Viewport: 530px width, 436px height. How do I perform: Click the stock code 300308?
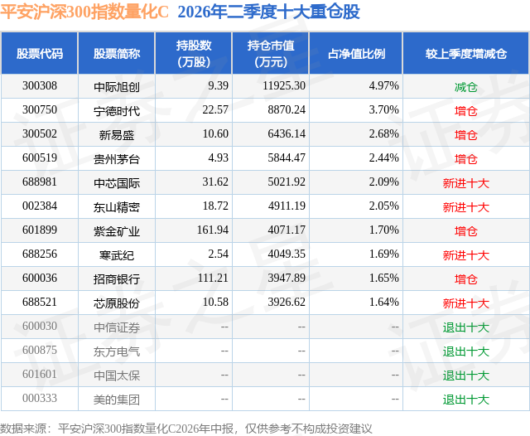pos(40,86)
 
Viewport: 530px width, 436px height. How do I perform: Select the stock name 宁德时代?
pos(117,110)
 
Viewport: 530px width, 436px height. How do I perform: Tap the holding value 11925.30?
pos(284,86)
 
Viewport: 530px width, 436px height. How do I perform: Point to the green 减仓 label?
pos(465,87)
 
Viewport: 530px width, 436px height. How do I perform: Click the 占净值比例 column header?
pos(356,53)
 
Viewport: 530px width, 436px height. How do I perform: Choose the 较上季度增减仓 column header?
pos(466,53)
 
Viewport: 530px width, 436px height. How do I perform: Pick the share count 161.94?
pos(213,230)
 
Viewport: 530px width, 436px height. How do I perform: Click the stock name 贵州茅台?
pos(117,158)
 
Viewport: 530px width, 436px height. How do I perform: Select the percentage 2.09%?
pos(384,182)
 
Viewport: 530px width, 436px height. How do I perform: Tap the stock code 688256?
pos(40,254)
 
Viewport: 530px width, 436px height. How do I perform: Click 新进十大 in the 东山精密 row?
pos(466,207)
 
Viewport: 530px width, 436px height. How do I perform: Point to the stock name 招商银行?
pos(117,279)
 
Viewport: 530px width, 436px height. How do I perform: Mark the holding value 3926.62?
pos(287,302)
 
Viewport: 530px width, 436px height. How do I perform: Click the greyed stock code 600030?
pos(40,326)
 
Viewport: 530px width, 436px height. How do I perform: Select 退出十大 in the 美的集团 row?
pos(466,400)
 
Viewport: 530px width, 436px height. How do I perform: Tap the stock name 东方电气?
pos(117,351)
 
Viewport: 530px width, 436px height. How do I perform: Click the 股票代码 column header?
pos(40,53)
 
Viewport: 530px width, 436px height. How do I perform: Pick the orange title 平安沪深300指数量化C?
pos(84,12)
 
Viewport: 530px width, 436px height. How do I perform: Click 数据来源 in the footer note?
pos(23,429)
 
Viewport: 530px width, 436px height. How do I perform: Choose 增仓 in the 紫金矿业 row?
pos(465,231)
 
